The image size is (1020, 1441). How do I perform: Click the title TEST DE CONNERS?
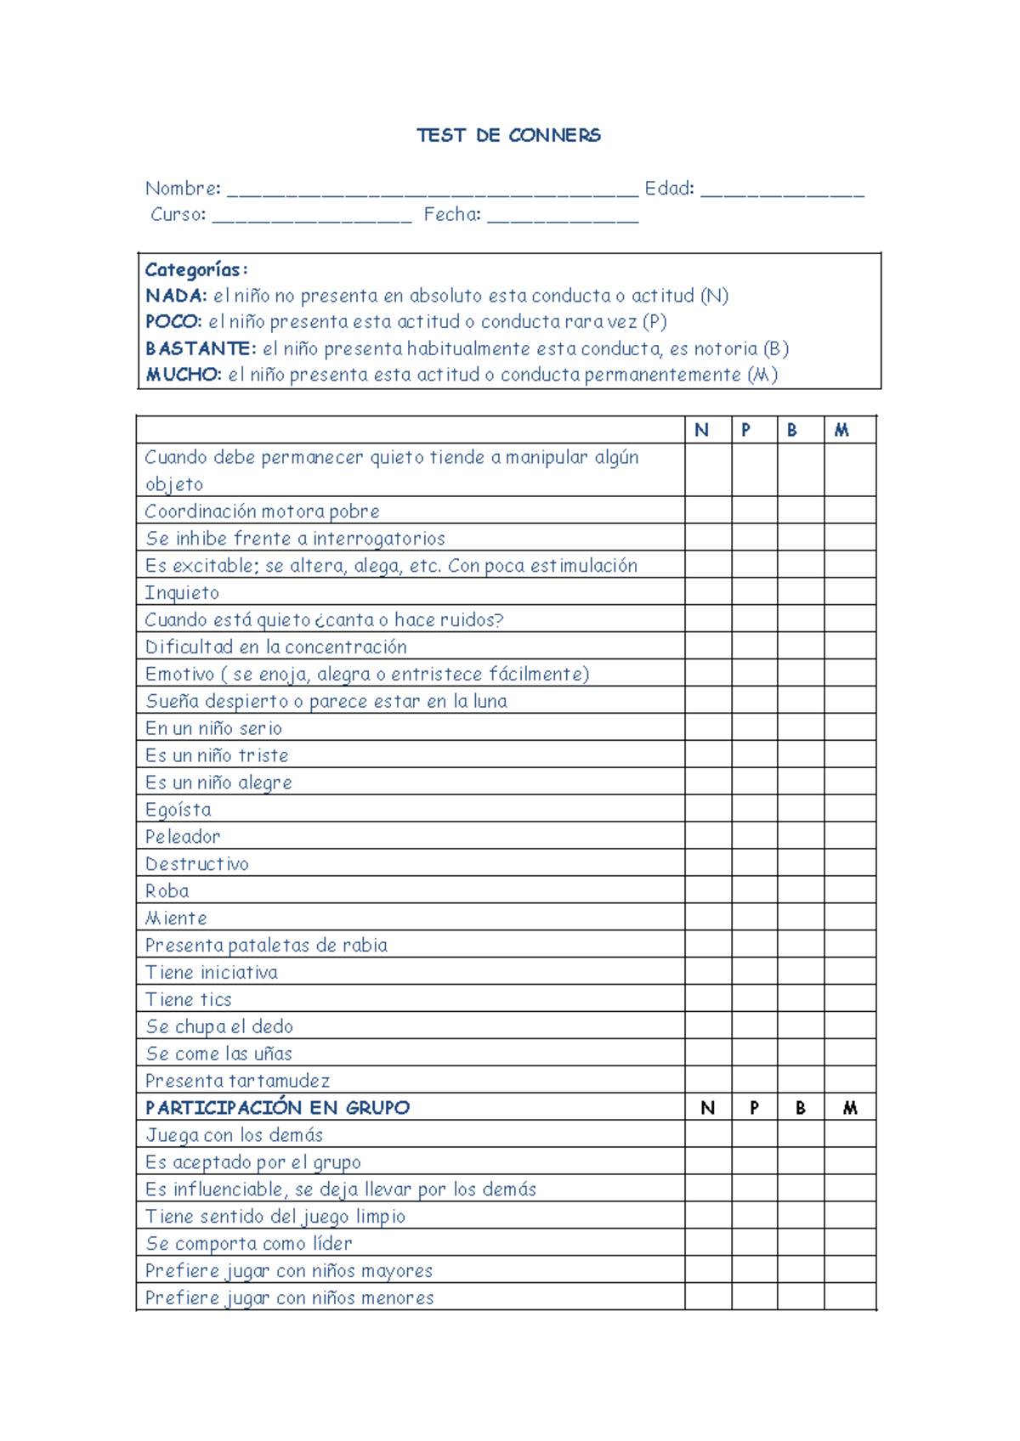(508, 135)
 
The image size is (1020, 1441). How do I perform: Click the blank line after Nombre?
(432, 192)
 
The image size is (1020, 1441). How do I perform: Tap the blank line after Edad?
(782, 192)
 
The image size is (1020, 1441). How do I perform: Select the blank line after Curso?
(311, 218)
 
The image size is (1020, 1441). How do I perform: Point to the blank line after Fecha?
(563, 218)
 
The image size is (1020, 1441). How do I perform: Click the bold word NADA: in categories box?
(176, 296)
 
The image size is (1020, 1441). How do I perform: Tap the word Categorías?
(195, 269)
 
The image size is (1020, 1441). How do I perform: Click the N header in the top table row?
(701, 430)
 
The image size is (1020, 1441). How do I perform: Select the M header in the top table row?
(841, 430)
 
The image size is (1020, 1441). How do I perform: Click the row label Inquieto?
(182, 592)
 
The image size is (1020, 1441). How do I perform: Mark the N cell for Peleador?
(708, 836)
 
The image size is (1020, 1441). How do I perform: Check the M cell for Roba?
(849, 890)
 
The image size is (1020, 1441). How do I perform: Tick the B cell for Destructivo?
(800, 863)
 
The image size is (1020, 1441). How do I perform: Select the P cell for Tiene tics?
(754, 998)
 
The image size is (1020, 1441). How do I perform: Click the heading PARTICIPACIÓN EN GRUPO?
(277, 1107)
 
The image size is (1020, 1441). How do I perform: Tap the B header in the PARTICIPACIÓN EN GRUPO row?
(800, 1107)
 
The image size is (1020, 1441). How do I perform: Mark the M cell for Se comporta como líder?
(849, 1242)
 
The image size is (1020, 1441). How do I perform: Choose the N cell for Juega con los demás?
(708, 1134)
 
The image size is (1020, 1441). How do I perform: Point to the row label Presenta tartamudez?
(237, 1080)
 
